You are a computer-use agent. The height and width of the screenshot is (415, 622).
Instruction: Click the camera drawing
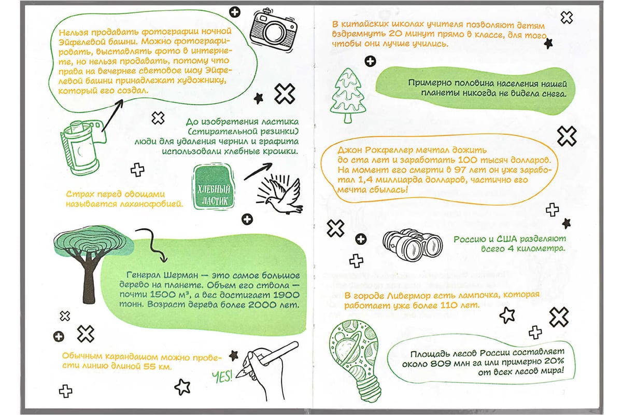pyautogui.click(x=273, y=31)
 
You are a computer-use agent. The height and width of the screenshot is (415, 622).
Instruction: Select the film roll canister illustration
pyautogui.click(x=83, y=147)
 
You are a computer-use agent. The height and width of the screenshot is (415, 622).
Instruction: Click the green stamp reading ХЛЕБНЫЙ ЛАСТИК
pyautogui.click(x=213, y=187)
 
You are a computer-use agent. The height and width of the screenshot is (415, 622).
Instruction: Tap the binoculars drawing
pyautogui.click(x=412, y=245)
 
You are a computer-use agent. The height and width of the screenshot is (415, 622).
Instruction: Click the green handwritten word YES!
pyautogui.click(x=222, y=377)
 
